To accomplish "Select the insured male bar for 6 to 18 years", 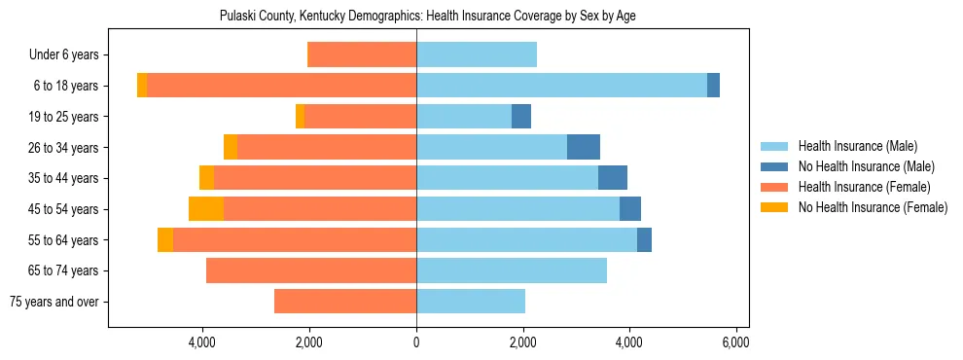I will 561,86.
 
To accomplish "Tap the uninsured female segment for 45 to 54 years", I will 205,209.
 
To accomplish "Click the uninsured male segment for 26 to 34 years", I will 584,147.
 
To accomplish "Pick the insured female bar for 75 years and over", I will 345,302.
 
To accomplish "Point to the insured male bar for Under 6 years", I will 477,54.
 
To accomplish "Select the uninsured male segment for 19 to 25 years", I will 521,117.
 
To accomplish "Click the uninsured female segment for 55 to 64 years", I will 165,240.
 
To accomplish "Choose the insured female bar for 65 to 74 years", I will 311,270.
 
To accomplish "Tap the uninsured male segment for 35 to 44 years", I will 613,178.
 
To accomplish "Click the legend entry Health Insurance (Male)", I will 857,146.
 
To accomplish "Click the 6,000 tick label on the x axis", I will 735,343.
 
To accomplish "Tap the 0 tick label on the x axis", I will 416,343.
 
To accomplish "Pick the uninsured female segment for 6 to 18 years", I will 142,86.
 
